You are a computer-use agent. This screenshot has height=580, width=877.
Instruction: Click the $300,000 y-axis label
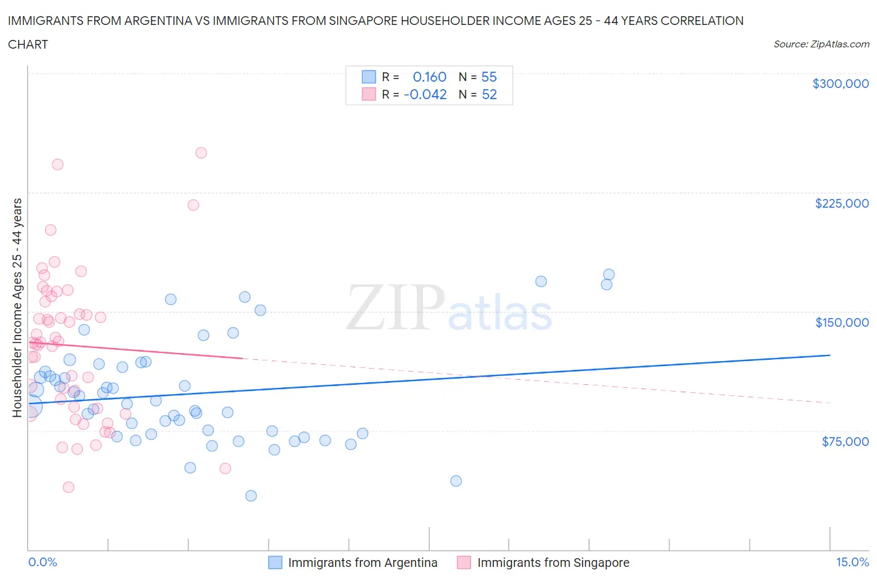[840, 84]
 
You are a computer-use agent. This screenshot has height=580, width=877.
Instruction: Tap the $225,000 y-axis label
[841, 203]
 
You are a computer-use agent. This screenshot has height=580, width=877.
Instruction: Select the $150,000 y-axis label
[841, 322]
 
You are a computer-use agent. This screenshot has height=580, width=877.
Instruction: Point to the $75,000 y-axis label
[845, 442]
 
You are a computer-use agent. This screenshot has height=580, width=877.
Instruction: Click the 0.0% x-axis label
[42, 562]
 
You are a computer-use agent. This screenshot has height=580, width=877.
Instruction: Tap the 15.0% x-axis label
[852, 562]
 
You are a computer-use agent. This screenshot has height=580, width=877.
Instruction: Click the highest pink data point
[201, 153]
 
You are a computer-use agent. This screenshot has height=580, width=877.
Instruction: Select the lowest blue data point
[251, 496]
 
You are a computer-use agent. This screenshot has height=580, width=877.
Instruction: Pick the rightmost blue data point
[609, 274]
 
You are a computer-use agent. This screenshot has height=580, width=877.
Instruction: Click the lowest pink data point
[69, 487]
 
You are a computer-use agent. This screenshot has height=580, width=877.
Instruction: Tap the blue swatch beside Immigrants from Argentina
[275, 563]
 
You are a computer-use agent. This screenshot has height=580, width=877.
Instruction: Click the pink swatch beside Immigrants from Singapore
[463, 563]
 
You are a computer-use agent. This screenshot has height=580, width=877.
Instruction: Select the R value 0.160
[429, 77]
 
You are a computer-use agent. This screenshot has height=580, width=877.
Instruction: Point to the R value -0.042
[425, 94]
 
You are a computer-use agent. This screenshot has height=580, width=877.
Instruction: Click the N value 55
[489, 77]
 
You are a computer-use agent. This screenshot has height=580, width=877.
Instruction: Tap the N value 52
[489, 94]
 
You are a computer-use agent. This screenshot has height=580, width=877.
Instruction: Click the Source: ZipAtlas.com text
[821, 44]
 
